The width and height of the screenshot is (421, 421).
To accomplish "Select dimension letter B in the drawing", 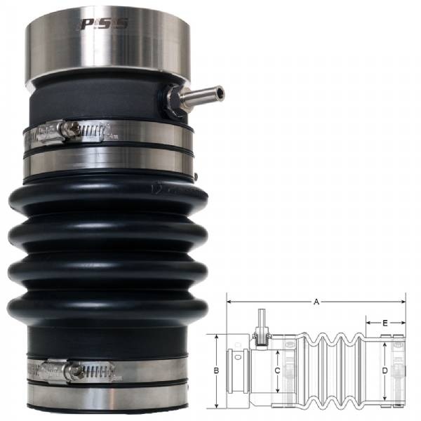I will click(x=217, y=370).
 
